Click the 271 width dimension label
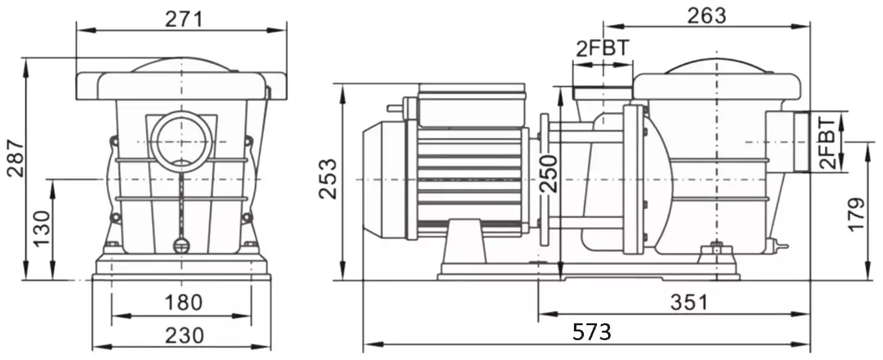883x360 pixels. (183, 19)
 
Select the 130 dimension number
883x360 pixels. (42, 229)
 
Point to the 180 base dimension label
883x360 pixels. (183, 303)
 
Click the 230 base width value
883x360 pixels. (185, 336)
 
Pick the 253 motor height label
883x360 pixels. (328, 178)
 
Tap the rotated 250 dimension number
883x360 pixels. (548, 174)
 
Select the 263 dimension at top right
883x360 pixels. (707, 16)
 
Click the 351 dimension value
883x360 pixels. (690, 302)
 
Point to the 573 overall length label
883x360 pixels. (592, 331)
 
